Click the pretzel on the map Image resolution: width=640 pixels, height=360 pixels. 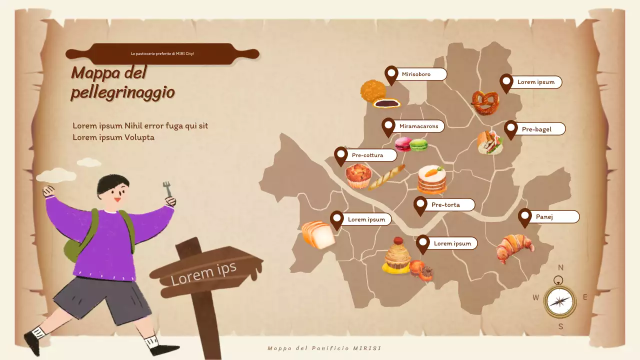coord(485,102)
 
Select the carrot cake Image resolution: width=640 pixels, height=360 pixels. coord(432,179)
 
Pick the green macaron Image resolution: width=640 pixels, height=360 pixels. coord(419,145)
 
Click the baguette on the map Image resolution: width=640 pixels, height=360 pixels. coord(386,177)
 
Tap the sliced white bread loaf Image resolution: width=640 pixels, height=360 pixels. coord(318,234)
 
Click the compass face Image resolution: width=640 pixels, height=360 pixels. coord(559,301)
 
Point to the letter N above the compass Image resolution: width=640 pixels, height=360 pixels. coord(561,267)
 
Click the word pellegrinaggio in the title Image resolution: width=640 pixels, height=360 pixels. coord(123,92)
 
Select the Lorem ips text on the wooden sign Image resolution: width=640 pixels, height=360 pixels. coord(203,273)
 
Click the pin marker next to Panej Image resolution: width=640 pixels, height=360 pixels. coord(524,217)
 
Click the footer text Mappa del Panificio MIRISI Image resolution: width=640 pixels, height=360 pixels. coord(324,348)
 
